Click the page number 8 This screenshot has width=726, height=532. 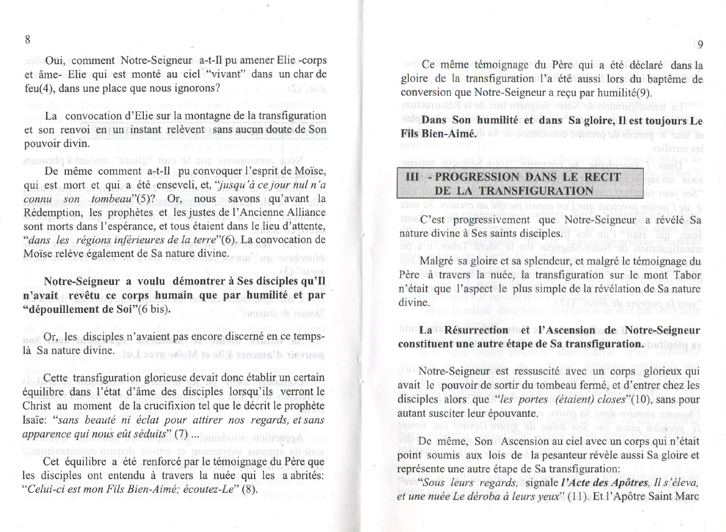[27, 39]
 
